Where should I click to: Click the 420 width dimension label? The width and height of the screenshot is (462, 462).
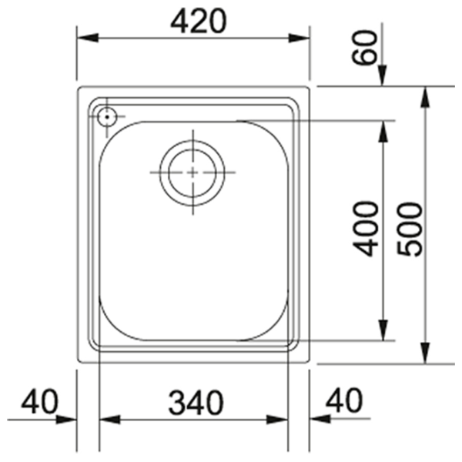pos(199,21)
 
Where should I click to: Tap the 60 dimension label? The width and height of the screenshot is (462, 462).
pos(364,47)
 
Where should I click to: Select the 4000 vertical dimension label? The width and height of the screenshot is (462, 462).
pos(366,229)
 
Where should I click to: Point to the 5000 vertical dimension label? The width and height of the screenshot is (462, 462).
pos(410,229)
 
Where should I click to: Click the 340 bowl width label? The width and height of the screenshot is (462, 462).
pos(196,402)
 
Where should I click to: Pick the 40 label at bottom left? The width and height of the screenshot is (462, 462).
pos(40,401)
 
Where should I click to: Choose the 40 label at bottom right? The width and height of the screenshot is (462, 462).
pos(344,400)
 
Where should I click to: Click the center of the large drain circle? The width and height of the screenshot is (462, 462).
pos(192,172)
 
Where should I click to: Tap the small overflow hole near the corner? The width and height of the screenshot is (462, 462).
pos(107,117)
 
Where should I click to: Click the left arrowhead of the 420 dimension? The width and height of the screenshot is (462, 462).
pos(88,38)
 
